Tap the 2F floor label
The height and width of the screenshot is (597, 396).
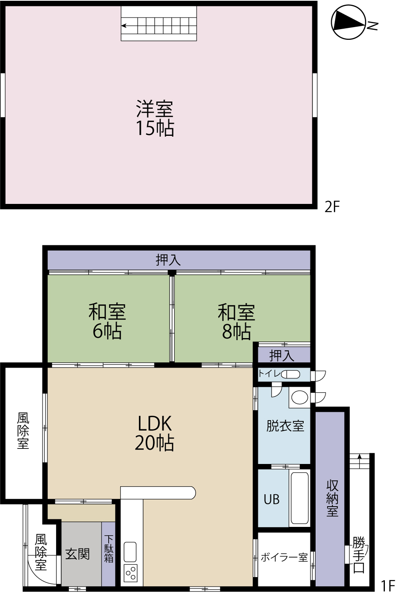(332, 207)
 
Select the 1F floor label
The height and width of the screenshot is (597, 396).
(388, 586)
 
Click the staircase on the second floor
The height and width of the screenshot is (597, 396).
(159, 23)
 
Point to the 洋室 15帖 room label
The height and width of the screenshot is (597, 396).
(155, 118)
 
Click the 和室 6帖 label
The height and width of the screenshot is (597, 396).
(107, 321)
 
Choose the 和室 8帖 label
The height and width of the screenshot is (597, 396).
(236, 321)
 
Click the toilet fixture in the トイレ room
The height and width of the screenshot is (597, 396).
(291, 374)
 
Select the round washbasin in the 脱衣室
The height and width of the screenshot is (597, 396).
(300, 397)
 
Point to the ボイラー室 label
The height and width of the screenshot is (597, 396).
(284, 557)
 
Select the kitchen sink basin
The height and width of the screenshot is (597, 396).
(130, 552)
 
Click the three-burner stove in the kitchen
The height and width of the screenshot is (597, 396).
(130, 573)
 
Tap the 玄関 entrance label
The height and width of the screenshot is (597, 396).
(78, 554)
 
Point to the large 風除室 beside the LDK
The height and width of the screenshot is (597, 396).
(23, 433)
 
